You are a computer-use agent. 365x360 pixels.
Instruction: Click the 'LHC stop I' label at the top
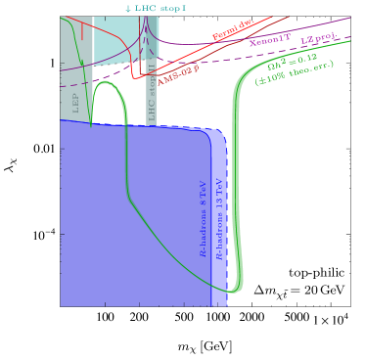[158, 9]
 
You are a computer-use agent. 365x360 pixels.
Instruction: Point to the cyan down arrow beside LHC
[127, 9]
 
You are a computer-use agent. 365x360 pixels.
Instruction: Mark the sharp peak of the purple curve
[144, 22]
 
